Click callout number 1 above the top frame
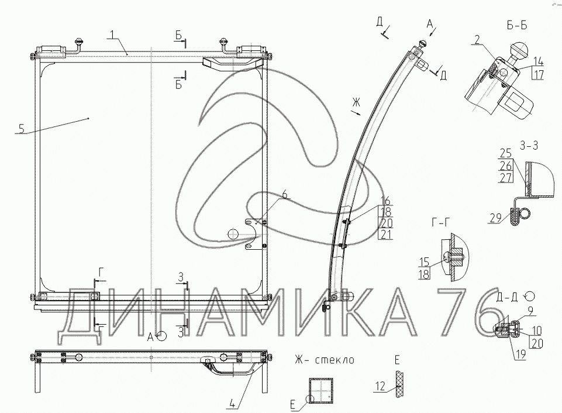tap(112, 35)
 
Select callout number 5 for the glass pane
tap(22, 128)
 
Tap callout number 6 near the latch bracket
tap(285, 195)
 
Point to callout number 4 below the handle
tap(232, 403)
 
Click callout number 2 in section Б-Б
tap(477, 39)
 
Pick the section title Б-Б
tap(517, 26)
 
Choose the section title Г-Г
tap(440, 223)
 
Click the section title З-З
tap(529, 146)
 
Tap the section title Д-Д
tap(507, 297)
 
